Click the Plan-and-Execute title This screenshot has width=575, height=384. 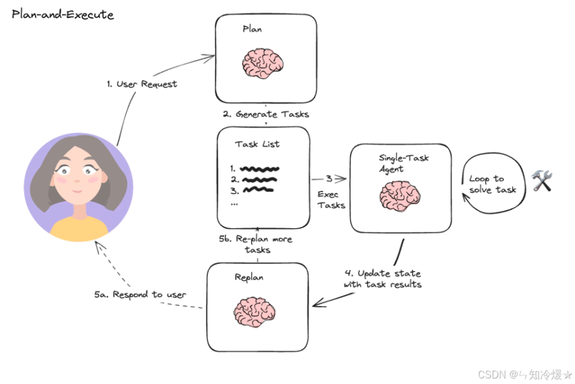pos(63,15)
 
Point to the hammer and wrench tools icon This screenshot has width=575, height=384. pos(542,181)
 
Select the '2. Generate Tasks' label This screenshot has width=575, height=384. pos(265,114)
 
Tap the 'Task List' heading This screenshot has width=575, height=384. pos(257,144)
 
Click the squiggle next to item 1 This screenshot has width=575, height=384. pos(260,167)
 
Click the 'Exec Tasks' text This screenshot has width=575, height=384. pos(331,199)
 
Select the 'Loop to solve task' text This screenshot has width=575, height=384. pos(493,184)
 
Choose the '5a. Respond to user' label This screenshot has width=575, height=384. pos(149,294)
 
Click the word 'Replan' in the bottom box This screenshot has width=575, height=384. pos(249,277)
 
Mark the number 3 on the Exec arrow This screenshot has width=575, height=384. pos(329,179)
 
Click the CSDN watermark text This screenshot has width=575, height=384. pos(524,374)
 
